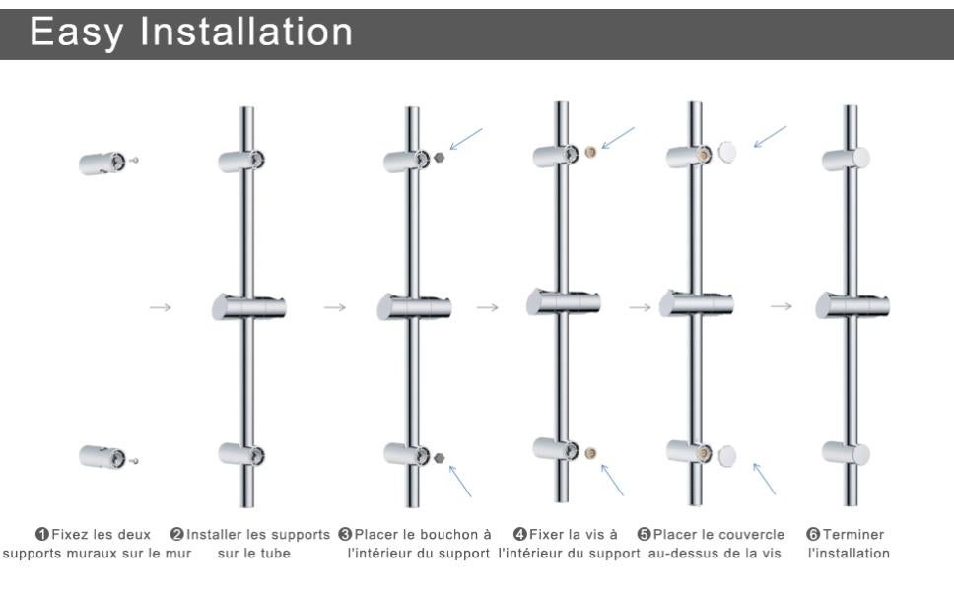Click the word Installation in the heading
pyautogui.click(x=247, y=33)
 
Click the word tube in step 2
pyautogui.click(x=279, y=553)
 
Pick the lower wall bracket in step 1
pyautogui.click(x=102, y=456)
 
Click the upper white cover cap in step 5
pyautogui.click(x=728, y=151)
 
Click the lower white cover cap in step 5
pyautogui.click(x=728, y=454)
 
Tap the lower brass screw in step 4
pyautogui.click(x=588, y=453)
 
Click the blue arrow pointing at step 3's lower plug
pyautogui.click(x=460, y=481)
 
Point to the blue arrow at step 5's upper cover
pyautogui.click(x=771, y=136)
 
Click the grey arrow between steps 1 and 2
pyautogui.click(x=162, y=307)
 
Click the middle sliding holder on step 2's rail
pyautogui.click(x=248, y=307)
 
